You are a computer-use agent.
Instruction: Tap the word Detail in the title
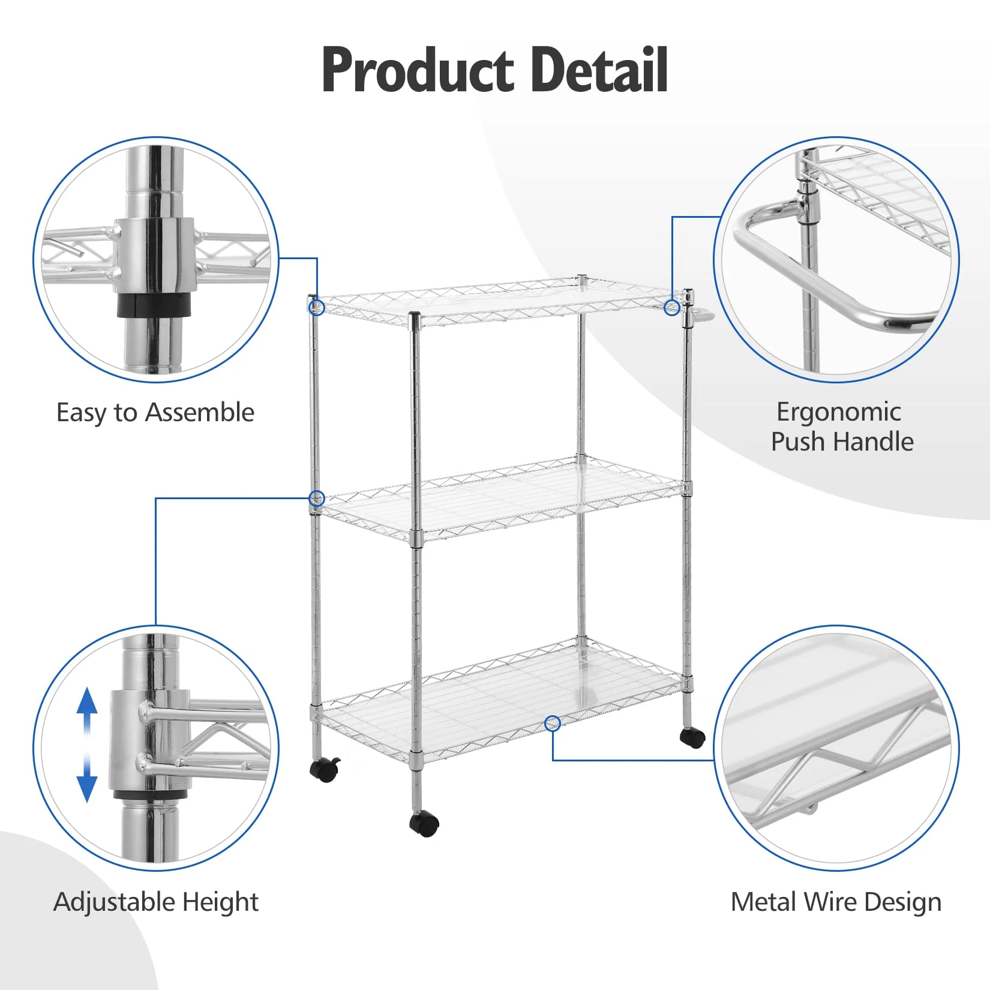point(599,71)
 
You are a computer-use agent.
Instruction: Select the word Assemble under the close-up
point(200,413)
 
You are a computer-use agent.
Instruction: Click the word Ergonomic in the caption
point(838,412)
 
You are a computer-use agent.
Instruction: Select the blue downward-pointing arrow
point(88,783)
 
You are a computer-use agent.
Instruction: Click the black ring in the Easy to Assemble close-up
point(154,304)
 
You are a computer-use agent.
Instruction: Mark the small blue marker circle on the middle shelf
point(316,498)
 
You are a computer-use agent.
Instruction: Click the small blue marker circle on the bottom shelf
point(553,724)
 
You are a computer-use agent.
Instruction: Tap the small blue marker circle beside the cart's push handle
point(672,308)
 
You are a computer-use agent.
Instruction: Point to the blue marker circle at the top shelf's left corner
point(316,308)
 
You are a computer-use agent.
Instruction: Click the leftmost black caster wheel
point(325,769)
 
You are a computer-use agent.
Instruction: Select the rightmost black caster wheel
point(693,737)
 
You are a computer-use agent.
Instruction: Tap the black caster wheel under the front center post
point(425,823)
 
